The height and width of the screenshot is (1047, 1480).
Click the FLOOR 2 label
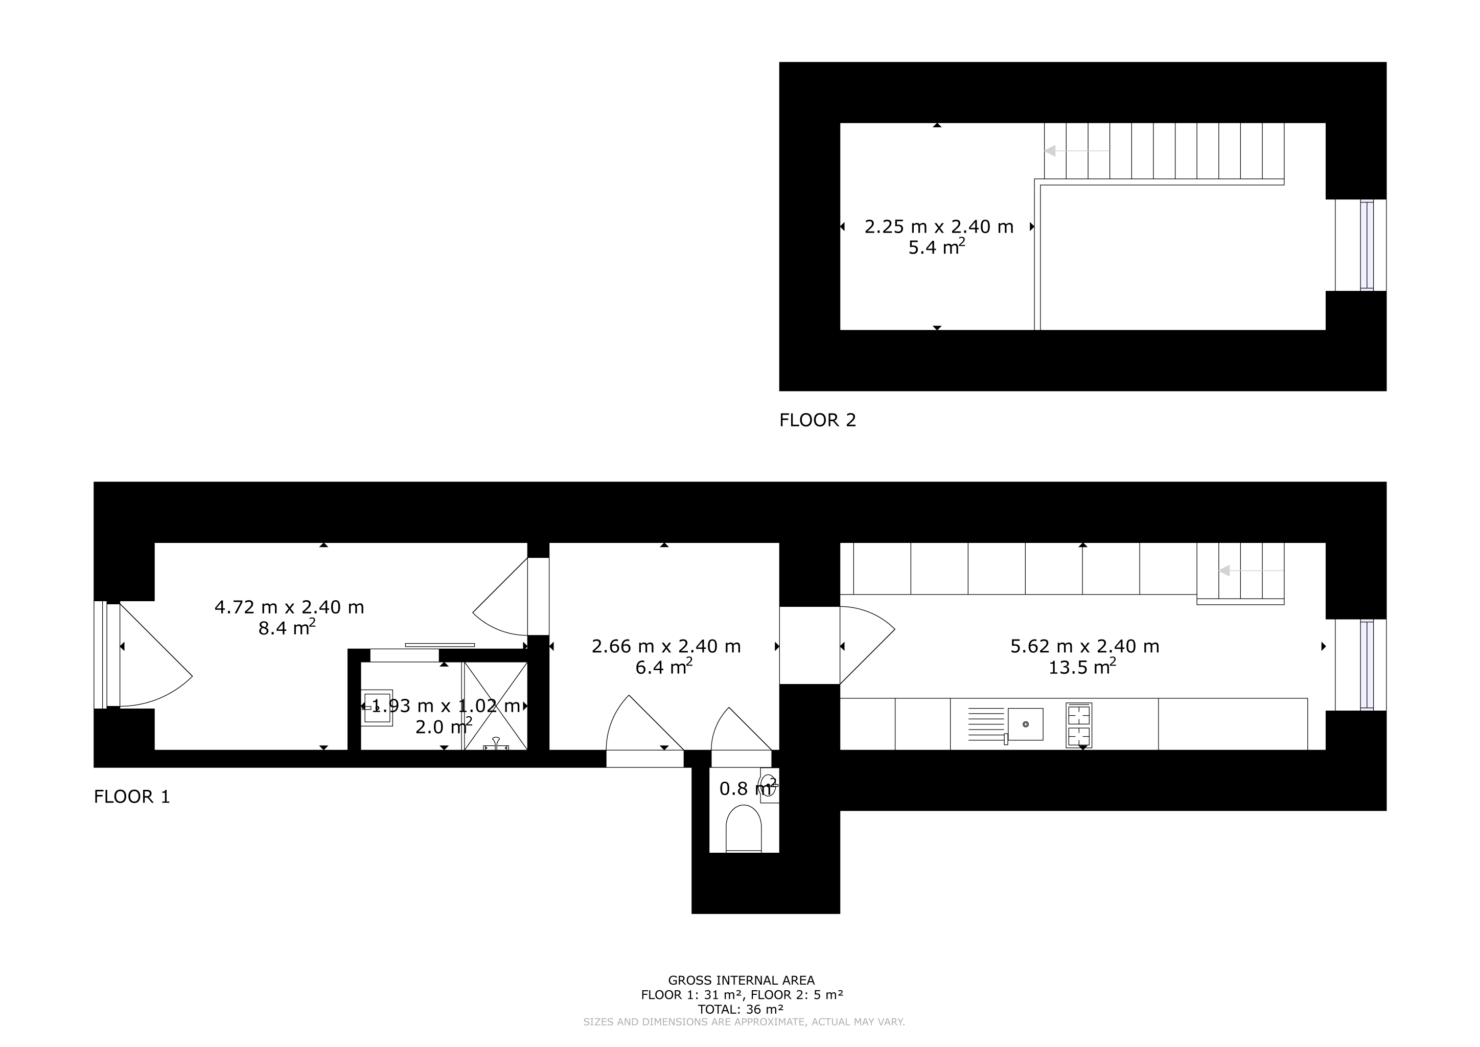point(817,420)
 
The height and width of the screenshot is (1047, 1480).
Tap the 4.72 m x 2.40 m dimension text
point(289,607)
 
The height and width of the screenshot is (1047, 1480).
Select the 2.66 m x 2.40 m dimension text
point(666,646)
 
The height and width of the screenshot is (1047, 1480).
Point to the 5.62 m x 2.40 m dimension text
point(1085,646)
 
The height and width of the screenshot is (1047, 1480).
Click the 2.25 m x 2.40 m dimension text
point(939,227)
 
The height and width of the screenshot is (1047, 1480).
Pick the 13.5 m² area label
point(1082,666)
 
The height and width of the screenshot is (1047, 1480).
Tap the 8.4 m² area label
point(287,627)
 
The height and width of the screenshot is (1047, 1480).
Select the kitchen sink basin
point(1026,724)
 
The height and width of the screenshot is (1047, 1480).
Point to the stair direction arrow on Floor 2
point(1076,151)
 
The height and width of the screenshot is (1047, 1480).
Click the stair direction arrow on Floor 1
point(1251,571)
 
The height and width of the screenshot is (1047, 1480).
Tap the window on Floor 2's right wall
point(1367,245)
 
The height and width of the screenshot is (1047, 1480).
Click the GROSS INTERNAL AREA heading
point(742,981)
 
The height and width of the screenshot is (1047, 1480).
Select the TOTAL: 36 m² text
point(742,1009)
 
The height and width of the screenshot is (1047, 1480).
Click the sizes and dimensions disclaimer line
point(744,1022)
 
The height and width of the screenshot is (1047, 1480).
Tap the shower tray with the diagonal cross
point(495,706)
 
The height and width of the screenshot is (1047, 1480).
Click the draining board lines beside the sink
point(986,724)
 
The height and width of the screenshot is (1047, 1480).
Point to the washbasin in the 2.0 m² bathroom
point(377,708)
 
